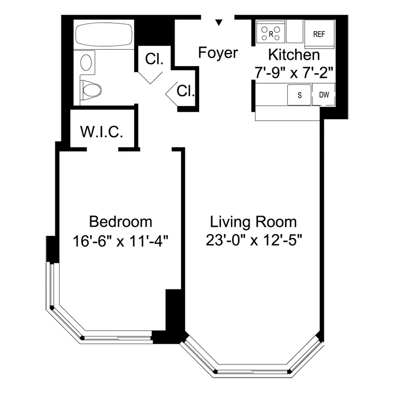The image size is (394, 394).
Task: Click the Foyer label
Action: (218, 53)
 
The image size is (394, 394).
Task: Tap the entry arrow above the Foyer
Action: (219, 23)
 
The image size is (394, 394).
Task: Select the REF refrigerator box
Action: (319, 34)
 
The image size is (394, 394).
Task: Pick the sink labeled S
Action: (299, 94)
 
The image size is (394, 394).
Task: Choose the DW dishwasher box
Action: (324, 94)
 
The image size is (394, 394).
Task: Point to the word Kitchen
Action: (293, 55)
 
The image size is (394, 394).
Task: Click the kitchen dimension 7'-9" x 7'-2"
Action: (293, 71)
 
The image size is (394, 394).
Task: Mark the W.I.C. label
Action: (101, 132)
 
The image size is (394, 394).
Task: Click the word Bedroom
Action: (120, 222)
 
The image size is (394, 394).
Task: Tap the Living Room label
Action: (253, 222)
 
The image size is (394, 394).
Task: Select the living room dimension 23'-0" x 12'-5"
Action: (253, 240)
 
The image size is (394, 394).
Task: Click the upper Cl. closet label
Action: (154, 60)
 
